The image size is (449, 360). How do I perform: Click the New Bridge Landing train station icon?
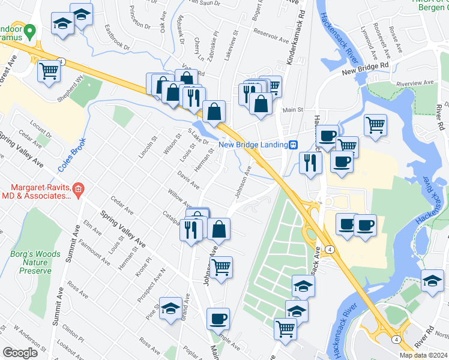click(294, 144)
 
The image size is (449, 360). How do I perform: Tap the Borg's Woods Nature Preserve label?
click(35, 262)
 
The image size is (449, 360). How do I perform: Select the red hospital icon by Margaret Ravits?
click(79, 190)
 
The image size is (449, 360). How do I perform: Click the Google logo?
click(20, 353)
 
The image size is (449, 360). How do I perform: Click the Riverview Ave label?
click(414, 82)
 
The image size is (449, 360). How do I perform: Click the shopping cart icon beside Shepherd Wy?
click(49, 71)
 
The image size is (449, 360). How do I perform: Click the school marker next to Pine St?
click(171, 307)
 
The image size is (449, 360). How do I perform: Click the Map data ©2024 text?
click(424, 355)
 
